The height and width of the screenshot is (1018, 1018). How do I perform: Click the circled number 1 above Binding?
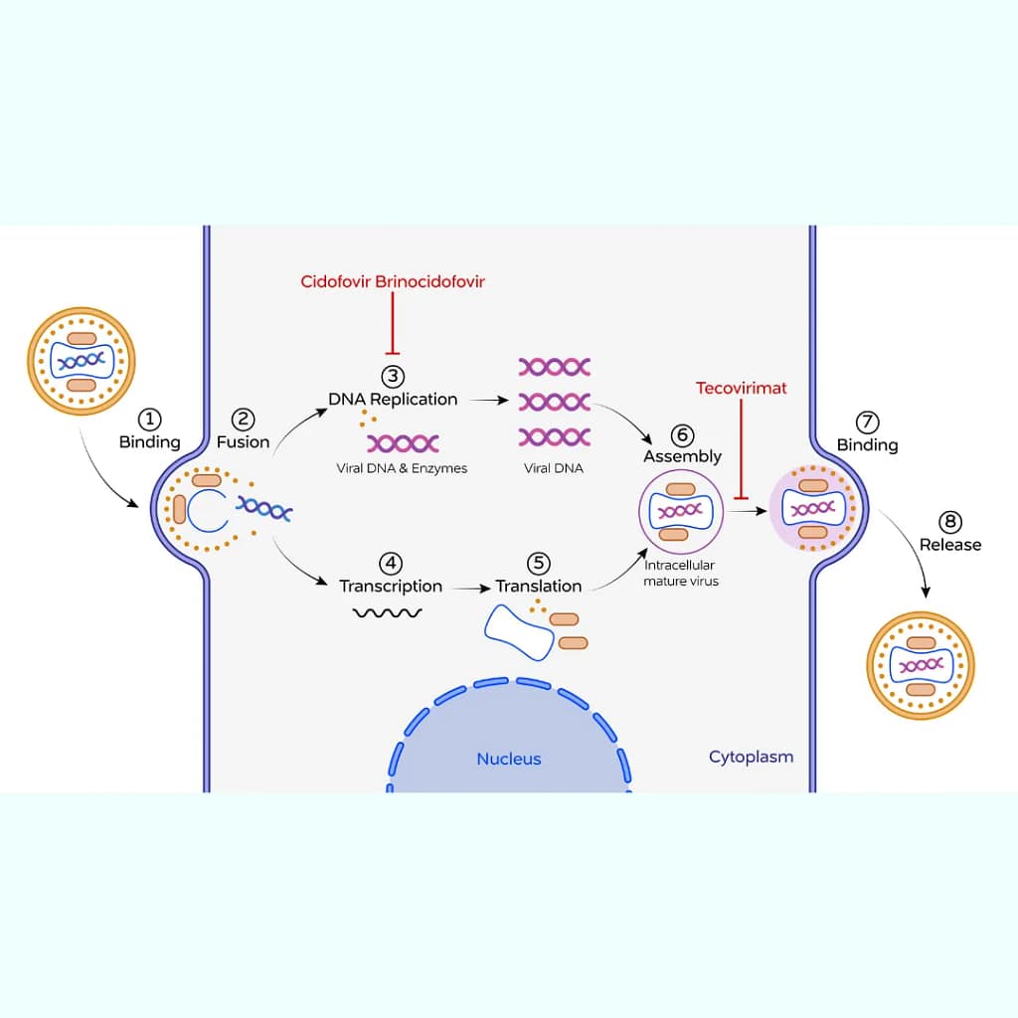[150, 420]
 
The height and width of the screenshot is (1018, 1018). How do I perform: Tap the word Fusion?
[244, 441]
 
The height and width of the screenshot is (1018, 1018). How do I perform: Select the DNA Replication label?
[393, 399]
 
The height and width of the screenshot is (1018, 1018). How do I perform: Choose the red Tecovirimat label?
[741, 388]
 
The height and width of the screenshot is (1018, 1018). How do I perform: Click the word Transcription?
[391, 586]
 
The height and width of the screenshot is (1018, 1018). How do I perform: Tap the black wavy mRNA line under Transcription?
[388, 612]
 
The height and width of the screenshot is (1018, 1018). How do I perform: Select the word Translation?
[539, 586]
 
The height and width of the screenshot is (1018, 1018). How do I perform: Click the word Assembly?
[682, 456]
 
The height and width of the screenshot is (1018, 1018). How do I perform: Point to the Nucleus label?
[509, 759]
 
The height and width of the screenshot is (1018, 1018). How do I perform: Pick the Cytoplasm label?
[751, 757]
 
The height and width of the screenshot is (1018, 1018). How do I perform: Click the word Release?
[949, 544]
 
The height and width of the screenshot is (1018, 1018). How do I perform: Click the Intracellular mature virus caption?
[681, 574]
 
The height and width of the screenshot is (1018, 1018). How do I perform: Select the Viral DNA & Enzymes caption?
[402, 467]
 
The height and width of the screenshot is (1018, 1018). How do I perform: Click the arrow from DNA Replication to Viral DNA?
[487, 400]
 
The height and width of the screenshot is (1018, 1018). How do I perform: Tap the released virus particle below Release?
[921, 664]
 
